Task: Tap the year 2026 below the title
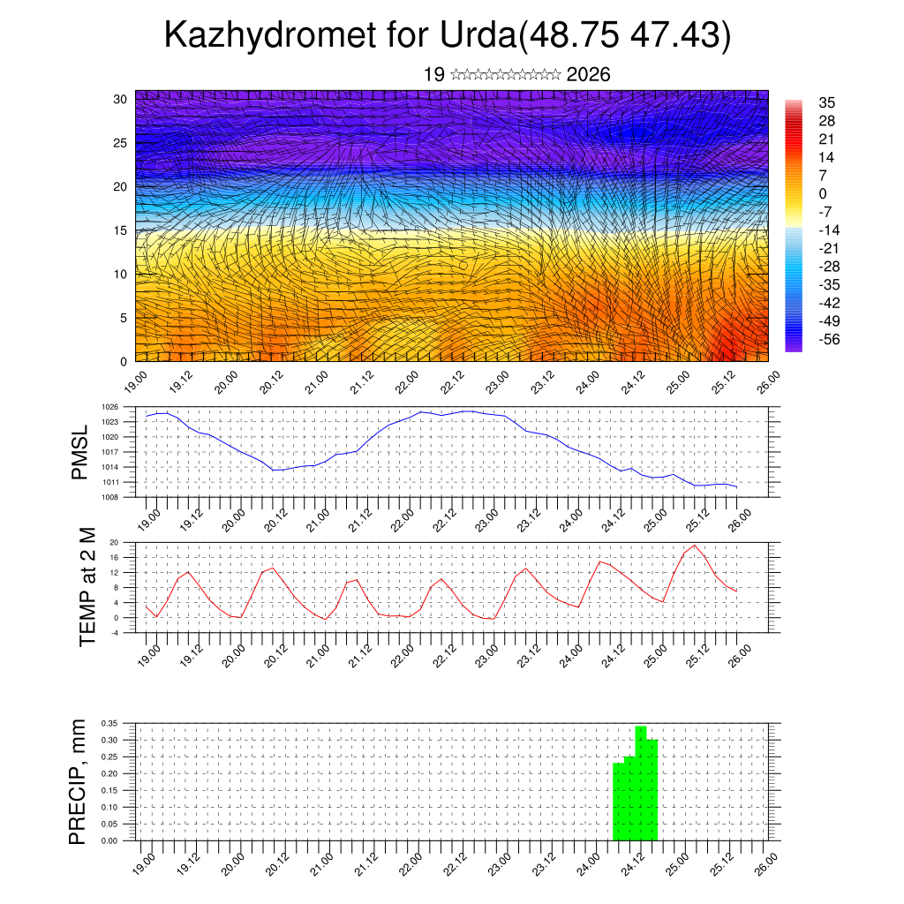pyautogui.click(x=588, y=75)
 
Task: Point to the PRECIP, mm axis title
pyautogui.click(x=79, y=782)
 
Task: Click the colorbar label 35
pyautogui.click(x=827, y=102)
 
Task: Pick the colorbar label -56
pyautogui.click(x=831, y=339)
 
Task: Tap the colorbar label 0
pyautogui.click(x=823, y=193)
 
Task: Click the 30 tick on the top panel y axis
pyautogui.click(x=119, y=99)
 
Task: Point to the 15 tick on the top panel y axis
pyautogui.click(x=119, y=230)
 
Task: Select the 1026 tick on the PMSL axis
pyautogui.click(x=109, y=407)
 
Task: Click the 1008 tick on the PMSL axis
pyautogui.click(x=109, y=497)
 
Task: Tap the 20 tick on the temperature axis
pyautogui.click(x=114, y=542)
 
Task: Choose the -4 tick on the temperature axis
pyautogui.click(x=114, y=632)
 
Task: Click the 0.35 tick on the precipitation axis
pyautogui.click(x=109, y=723)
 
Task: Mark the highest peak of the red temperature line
pyautogui.click(x=695, y=545)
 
